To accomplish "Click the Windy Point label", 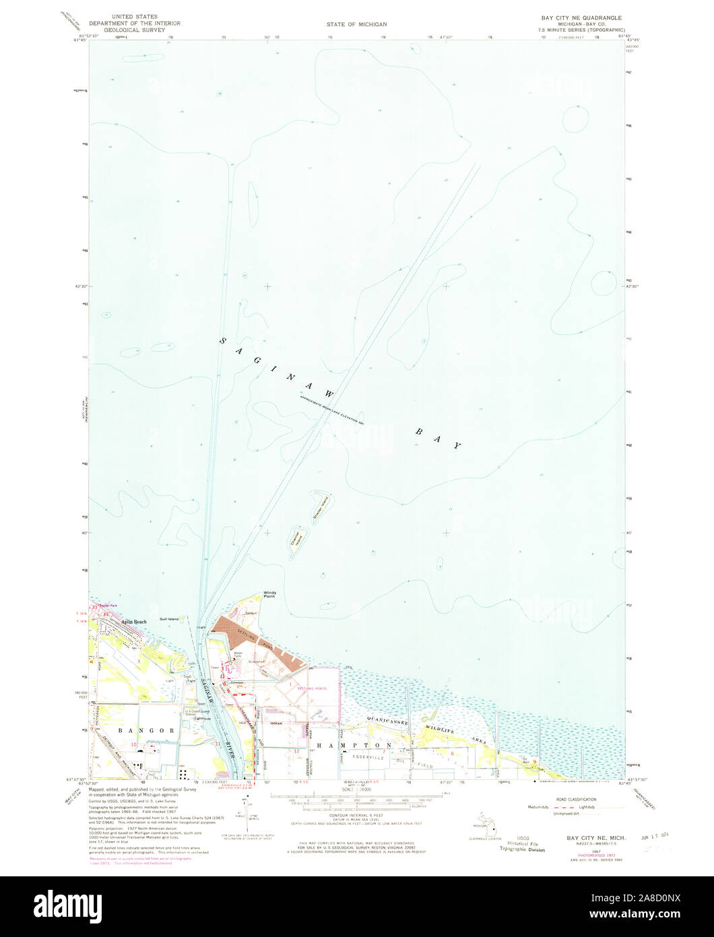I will click(x=269, y=595).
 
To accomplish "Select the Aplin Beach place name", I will click(x=133, y=622).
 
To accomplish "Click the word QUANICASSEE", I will click(x=387, y=721).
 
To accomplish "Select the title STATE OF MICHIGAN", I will click(x=357, y=24).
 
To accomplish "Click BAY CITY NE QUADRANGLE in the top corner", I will click(x=581, y=17).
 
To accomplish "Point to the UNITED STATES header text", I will click(x=135, y=16).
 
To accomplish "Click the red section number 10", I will click(x=134, y=744).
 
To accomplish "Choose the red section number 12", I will click(x=296, y=750).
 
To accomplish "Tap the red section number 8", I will click(x=453, y=754).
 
